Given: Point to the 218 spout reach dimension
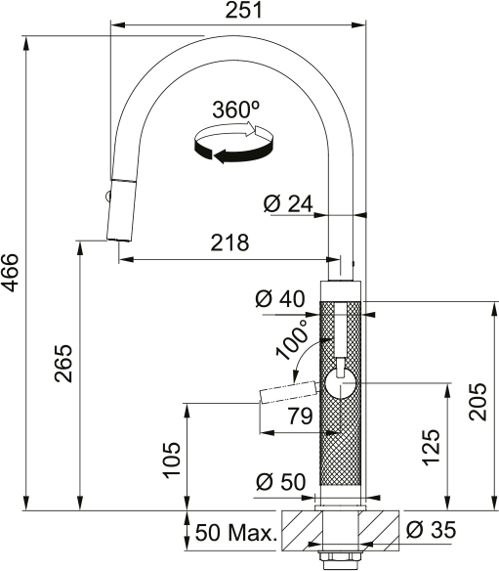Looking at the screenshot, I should (229, 242).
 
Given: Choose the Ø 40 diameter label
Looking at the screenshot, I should (280, 299).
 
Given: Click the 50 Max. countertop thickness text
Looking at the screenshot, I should (235, 534).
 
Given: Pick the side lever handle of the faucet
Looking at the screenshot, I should (287, 392).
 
